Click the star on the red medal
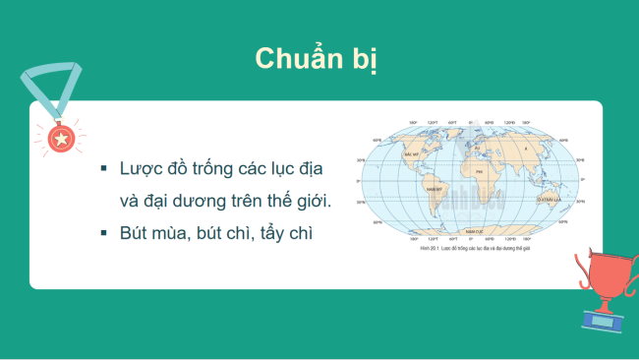click(60, 139)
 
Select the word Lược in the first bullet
click(141, 169)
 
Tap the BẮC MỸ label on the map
click(412, 154)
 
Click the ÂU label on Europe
click(478, 149)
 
